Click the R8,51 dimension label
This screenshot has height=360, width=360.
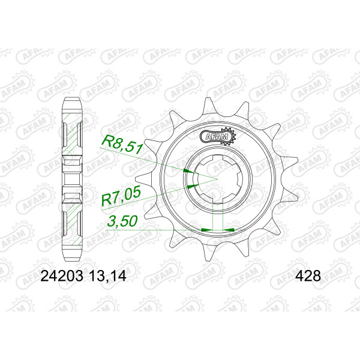point(122,145)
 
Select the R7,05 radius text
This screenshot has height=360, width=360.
point(121,196)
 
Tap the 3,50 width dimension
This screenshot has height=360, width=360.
point(122,221)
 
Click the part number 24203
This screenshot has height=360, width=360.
point(62,276)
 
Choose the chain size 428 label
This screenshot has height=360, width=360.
point(308,276)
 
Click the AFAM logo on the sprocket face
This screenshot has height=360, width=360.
point(218,136)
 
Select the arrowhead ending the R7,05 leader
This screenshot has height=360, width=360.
point(193,186)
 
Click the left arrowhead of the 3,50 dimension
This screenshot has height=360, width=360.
point(207,229)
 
